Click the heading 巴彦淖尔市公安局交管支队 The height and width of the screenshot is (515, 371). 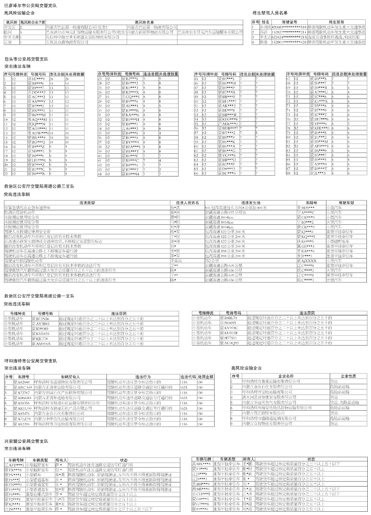(x=31, y=5)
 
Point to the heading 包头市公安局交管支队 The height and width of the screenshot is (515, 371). (x=27, y=59)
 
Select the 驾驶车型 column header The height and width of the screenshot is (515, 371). (x=346, y=203)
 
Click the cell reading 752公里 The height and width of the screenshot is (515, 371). (x=212, y=261)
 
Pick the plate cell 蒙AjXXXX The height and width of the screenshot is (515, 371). (x=307, y=261)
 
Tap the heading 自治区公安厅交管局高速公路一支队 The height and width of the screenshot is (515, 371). (x=39, y=296)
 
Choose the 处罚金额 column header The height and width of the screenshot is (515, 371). (x=206, y=377)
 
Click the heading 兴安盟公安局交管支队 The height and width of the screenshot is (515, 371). (x=26, y=442)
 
